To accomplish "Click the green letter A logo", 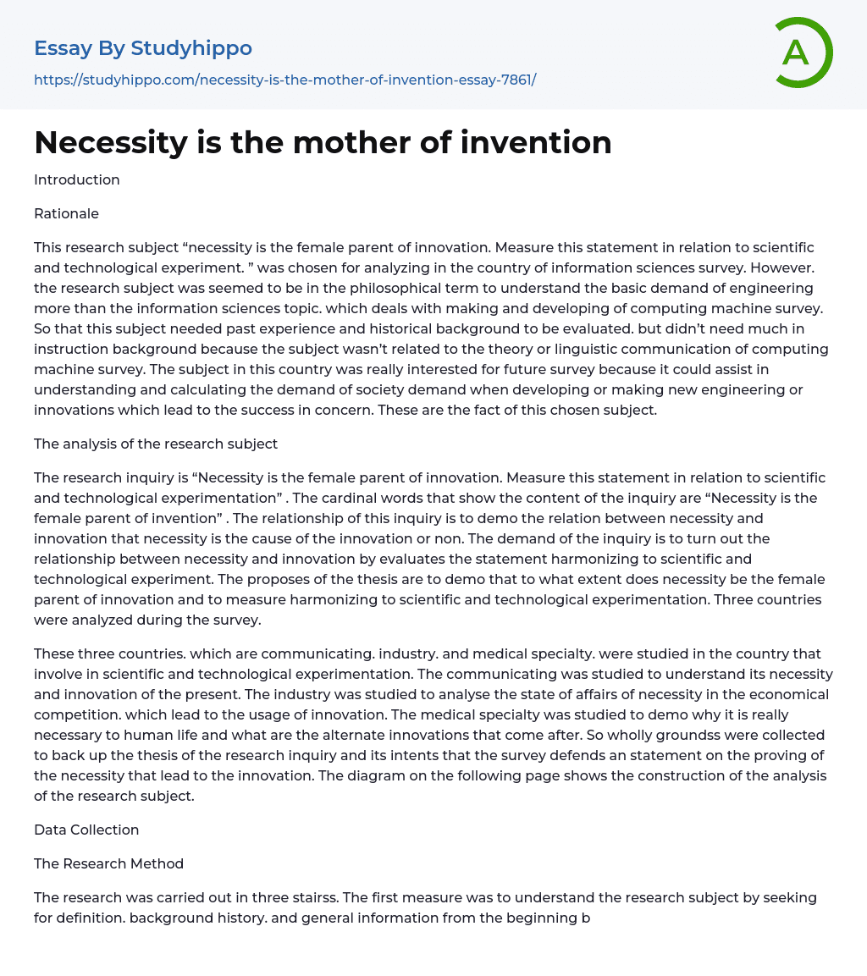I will [801, 52].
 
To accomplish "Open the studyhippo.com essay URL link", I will [284, 80].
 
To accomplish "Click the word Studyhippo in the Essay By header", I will [191, 48].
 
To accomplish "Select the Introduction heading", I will [77, 179].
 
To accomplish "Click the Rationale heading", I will [66, 213].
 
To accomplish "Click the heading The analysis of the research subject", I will [156, 444].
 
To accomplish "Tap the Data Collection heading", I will [86, 830].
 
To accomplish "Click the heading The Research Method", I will [108, 863].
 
